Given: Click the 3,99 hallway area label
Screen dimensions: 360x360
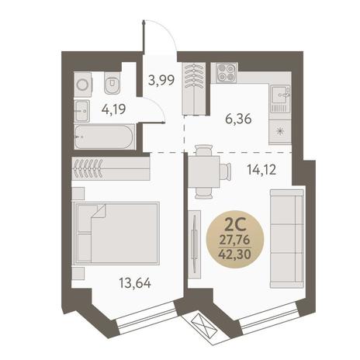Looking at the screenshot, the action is coord(161,80).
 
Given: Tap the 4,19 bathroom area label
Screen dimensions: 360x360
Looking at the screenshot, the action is coord(114,109).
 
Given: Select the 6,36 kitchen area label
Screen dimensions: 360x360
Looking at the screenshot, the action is coord(238,119).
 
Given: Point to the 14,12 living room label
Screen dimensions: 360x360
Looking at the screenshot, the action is coord(261,170).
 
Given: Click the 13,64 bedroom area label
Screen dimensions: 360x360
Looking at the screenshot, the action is coord(135,282).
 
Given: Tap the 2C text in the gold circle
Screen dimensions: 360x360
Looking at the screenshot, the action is coord(235,227).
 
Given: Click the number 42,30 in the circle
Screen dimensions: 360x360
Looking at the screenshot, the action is coord(235,254).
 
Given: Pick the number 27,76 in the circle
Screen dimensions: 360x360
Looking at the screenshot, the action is coord(235,241).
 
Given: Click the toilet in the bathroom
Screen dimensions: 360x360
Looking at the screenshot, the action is coord(112,82).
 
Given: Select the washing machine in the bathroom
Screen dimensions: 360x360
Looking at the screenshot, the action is coord(83,85).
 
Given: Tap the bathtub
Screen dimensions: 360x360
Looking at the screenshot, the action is coord(105,137).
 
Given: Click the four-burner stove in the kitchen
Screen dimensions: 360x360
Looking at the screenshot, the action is coord(227,73).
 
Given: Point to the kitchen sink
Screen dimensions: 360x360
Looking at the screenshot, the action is coord(281,99).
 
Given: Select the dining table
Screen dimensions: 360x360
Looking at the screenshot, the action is coord(204,171).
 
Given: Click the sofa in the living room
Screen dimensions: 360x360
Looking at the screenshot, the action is coord(287,239).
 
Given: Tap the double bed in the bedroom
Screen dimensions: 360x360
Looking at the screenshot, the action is coord(116,234).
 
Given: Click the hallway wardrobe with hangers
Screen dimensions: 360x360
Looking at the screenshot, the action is coord(194,88).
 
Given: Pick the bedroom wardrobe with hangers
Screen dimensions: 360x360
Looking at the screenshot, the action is coord(111,168).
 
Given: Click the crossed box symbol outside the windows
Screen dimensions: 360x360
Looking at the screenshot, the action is coord(202,324).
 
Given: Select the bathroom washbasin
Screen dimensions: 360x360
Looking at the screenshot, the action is coord(82,111).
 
